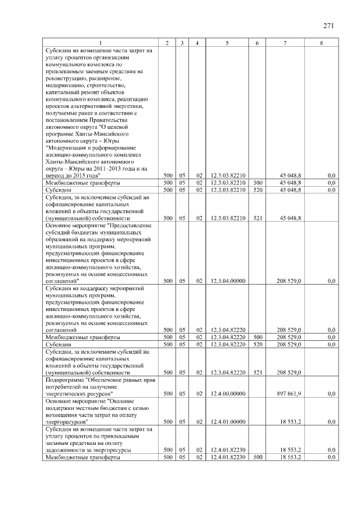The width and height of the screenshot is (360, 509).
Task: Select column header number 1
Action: (x=101, y=43)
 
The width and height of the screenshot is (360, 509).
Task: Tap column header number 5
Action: (x=227, y=43)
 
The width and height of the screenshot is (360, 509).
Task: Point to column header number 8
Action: (x=321, y=43)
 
